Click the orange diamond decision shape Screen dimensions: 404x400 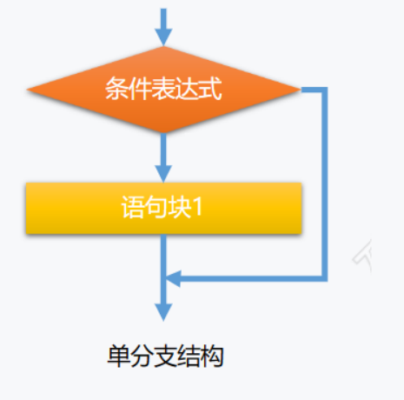point(163,90)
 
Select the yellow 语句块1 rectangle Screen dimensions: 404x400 point(163,208)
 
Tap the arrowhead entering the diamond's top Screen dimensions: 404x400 point(163,37)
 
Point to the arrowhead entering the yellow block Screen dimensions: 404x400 point(163,174)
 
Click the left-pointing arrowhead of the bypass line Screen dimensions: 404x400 point(173,278)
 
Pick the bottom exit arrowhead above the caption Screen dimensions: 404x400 point(163,312)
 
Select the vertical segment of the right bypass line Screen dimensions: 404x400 point(325,184)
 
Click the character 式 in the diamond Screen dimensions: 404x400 point(210,89)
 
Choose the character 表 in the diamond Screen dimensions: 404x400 point(163,89)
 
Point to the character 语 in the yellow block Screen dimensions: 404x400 point(133,207)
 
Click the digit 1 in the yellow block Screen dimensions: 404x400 point(199,208)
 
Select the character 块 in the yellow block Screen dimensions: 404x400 point(180,207)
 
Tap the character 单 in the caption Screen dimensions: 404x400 point(119,356)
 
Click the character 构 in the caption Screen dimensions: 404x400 point(212,356)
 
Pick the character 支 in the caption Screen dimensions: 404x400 point(166,356)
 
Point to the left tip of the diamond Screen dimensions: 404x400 point(27,90)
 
